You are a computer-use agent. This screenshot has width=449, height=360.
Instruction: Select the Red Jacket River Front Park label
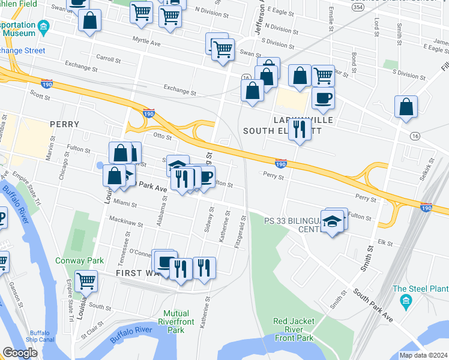[294, 329]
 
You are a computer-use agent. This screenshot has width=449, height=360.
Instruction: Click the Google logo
[20, 353]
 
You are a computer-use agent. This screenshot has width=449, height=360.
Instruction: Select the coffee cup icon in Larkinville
[323, 98]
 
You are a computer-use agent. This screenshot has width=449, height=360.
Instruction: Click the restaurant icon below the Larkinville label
[298, 129]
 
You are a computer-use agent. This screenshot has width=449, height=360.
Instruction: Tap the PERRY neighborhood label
[65, 124]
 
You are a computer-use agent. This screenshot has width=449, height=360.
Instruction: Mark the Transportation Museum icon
[43, 26]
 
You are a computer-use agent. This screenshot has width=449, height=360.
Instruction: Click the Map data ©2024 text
[423, 355]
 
